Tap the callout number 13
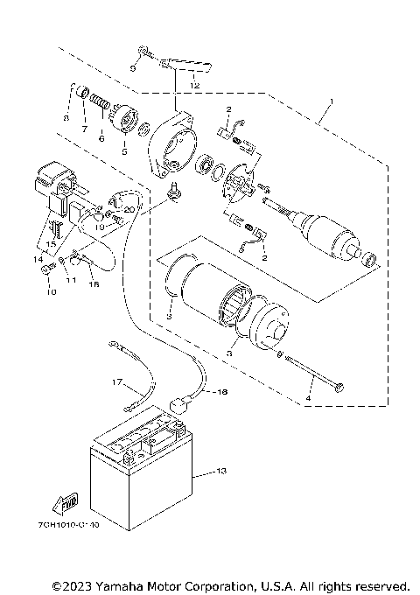[220, 472]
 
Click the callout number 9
[132, 66]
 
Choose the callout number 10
[49, 292]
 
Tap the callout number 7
[86, 129]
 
